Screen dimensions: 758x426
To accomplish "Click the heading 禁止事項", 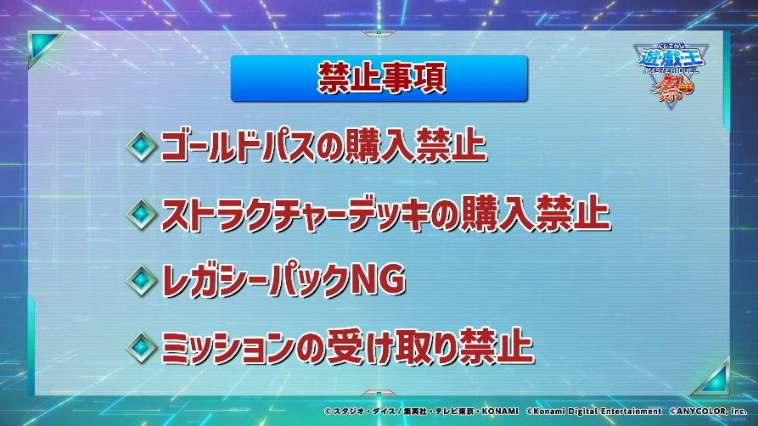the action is (381, 78).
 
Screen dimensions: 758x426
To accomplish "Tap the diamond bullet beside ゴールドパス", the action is (141, 146).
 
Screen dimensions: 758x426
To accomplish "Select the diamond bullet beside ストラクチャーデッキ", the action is (141, 214).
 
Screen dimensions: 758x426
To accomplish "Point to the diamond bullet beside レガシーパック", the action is (141, 280).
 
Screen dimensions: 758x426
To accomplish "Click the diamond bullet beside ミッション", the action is (141, 347).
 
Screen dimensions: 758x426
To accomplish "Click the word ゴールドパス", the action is (238, 146).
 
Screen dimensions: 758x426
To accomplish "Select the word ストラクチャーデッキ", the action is (295, 214).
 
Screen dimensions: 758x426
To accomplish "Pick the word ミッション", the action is (227, 348).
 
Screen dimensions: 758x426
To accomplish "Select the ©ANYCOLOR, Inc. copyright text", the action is (708, 411).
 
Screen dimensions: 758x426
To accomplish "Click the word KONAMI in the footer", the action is (500, 411).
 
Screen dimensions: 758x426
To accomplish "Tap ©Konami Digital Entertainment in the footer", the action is (593, 411).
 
